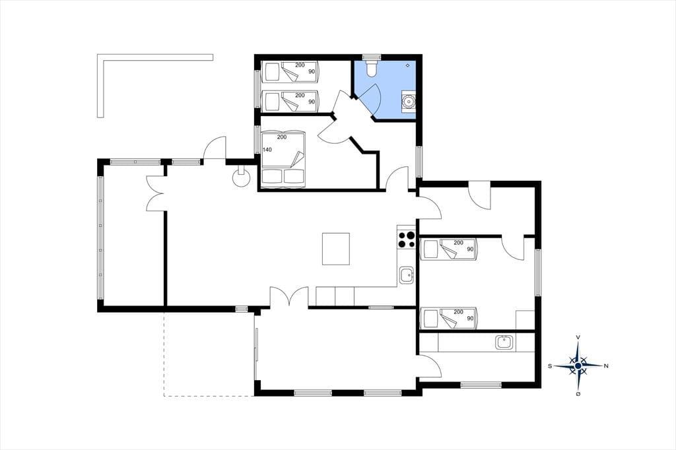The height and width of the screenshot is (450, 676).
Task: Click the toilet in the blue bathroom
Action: [371, 68]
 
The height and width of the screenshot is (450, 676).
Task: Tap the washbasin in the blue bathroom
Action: [408, 102]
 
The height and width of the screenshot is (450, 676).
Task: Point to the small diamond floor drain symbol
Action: [408, 65]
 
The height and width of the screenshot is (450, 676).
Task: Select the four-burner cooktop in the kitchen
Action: [406, 240]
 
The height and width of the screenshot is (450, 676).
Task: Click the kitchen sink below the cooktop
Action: [406, 275]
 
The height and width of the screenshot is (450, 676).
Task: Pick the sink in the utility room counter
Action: [504, 342]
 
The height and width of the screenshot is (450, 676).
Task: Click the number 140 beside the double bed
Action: [267, 150]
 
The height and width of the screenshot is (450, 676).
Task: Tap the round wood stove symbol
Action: [241, 177]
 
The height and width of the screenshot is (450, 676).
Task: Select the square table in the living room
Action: [336, 249]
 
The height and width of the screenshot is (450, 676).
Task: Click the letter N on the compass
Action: [606, 366]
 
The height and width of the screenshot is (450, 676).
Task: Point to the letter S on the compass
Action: [550, 366]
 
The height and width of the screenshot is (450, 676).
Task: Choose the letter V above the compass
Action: [578, 337]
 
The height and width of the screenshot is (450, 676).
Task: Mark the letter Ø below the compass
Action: [578, 394]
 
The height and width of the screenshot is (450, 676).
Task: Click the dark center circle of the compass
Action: [578, 366]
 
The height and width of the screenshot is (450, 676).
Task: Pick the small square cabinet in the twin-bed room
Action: [525, 320]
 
